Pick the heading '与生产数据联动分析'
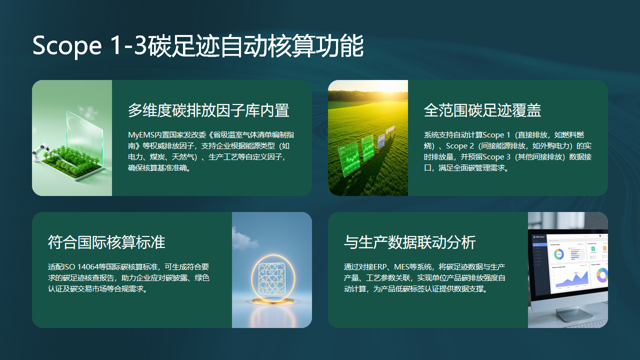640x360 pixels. [409, 242]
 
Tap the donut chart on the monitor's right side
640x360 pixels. [600, 273]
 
